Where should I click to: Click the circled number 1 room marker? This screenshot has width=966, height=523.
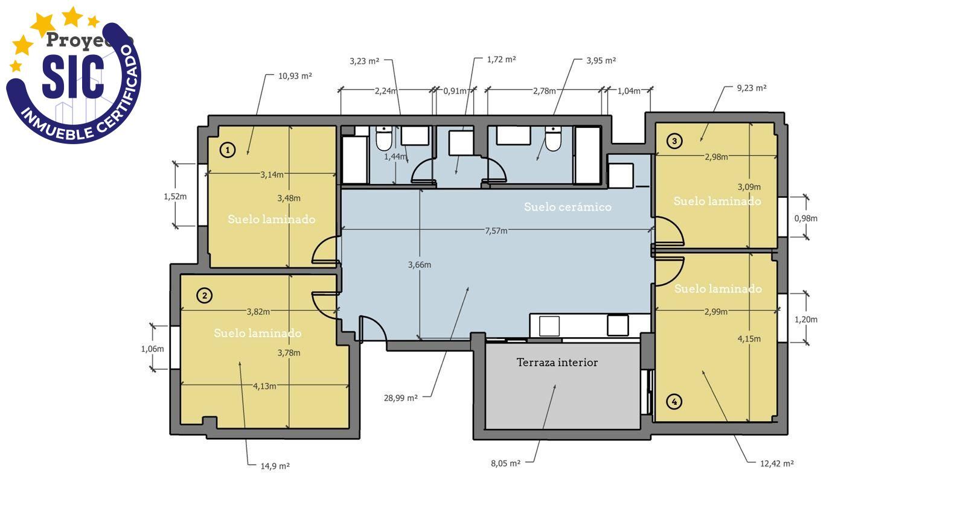point(227,150)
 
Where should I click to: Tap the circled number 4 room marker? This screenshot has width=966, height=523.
point(674,401)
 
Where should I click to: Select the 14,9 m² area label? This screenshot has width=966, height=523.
point(275,466)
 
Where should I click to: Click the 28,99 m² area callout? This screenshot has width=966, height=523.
point(400,398)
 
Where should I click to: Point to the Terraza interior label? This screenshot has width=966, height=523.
point(557,363)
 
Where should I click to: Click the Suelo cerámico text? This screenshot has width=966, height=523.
point(568,207)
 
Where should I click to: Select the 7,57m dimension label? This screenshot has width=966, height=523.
point(496,230)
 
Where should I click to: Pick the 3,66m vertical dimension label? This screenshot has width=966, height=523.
point(419,265)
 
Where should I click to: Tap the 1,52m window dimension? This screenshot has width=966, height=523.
point(175,196)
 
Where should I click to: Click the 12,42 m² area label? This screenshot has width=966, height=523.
point(776,463)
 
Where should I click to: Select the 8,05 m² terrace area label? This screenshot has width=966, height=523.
point(505,463)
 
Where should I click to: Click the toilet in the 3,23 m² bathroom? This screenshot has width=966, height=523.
point(384,139)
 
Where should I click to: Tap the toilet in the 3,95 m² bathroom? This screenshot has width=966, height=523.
point(552,139)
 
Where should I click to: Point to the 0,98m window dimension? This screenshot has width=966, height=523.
point(805,218)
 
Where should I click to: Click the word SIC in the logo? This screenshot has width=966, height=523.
point(72,76)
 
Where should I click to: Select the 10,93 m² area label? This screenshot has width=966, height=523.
point(295,76)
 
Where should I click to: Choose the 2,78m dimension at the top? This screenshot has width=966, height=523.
point(544,91)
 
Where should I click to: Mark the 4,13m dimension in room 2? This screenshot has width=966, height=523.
point(264,386)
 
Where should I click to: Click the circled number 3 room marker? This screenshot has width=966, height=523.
point(674,141)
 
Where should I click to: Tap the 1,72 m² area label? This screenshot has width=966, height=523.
point(501,60)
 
